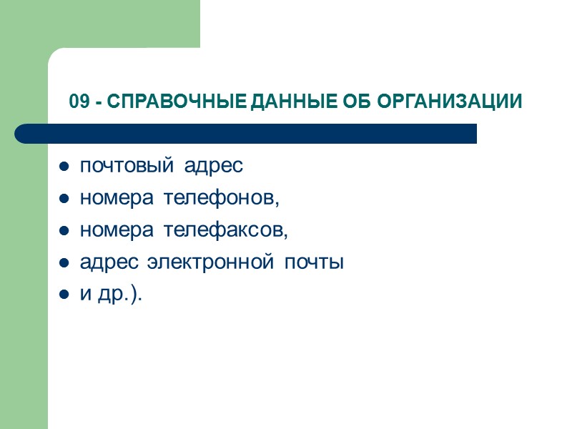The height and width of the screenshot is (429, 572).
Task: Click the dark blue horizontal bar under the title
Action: point(246,134)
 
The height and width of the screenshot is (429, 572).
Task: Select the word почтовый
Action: point(126,166)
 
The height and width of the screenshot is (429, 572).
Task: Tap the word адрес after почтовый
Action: point(214,166)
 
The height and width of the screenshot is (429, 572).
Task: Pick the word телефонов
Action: point(220,198)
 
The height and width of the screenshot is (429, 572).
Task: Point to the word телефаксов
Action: point(224,230)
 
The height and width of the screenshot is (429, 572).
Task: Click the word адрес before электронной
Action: point(109,262)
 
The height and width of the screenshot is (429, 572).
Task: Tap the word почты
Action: point(315,262)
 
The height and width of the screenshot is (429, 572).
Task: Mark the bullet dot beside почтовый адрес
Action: point(64,167)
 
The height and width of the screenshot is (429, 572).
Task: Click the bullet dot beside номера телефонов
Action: point(64,199)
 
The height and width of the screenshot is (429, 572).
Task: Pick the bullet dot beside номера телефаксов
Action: point(64,232)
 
